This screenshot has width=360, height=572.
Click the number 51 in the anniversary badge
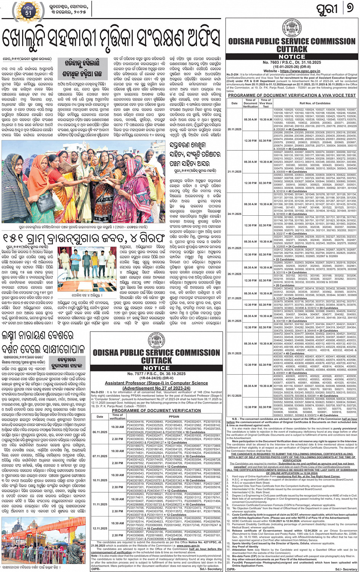point(28,13)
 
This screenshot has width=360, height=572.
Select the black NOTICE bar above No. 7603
point(291,56)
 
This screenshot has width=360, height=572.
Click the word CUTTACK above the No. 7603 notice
point(291,49)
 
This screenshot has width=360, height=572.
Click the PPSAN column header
point(174,417)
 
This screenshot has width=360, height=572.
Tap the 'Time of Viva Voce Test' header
point(266,103)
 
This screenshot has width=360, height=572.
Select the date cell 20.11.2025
point(234,129)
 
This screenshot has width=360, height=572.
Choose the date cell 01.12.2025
point(234,396)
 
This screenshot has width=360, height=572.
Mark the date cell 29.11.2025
point(234,353)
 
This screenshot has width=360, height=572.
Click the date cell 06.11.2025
point(100,432)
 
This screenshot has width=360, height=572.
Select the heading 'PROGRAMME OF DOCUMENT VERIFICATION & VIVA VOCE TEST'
point(291,95)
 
